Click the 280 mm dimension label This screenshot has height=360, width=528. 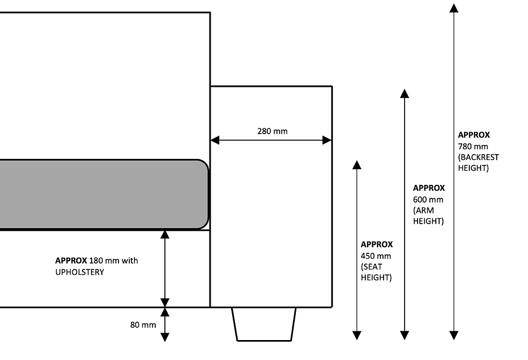point(273,131)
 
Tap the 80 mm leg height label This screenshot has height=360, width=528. point(143,324)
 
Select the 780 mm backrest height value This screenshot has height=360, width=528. point(473,146)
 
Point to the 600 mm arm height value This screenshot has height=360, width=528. point(428,199)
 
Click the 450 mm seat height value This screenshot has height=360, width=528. point(376,255)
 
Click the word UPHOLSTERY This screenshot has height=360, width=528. point(80,272)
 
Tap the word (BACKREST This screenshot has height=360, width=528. point(478,157)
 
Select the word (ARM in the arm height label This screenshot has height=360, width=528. point(423,211)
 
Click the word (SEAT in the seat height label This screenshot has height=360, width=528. point(372,267)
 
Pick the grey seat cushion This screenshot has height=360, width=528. point(103,195)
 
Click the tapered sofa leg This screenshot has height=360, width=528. point(264,324)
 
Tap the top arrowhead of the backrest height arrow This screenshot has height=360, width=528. point(454,8)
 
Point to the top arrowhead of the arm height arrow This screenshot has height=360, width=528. point(405,94)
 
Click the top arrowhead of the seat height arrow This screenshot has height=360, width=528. point(357,165)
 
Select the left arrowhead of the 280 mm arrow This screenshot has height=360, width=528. point(215,140)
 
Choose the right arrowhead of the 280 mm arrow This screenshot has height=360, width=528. point(327,140)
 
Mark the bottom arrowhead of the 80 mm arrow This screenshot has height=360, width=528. point(165,337)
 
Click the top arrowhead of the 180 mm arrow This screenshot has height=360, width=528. point(165,235)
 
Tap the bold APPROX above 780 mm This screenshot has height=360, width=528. point(474,135)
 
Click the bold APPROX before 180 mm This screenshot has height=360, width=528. point(71,260)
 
